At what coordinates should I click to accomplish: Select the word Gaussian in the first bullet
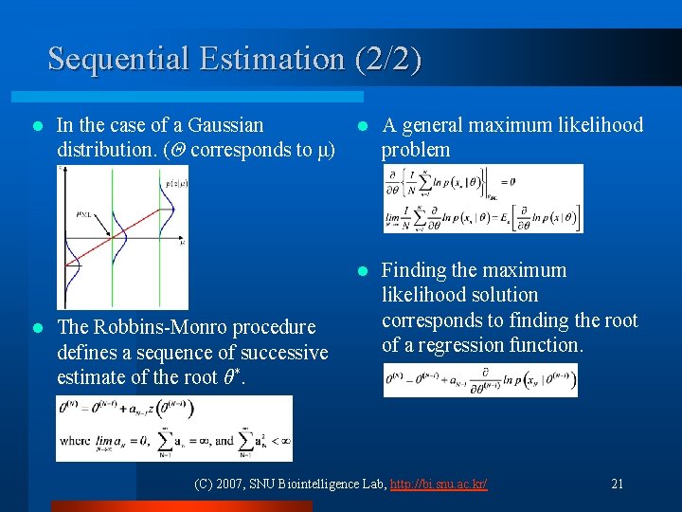click(x=225, y=125)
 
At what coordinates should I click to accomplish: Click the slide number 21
click(x=618, y=485)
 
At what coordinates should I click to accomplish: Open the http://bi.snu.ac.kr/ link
click(x=441, y=485)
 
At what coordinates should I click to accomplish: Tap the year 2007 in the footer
click(x=232, y=485)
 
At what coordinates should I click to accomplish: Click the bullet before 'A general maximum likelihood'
click(x=361, y=126)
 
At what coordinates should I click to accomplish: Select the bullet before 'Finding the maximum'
click(x=361, y=271)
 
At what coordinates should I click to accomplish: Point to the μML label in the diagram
click(x=88, y=215)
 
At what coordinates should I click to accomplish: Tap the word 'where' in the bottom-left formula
click(x=76, y=442)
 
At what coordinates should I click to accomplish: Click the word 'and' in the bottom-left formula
click(x=224, y=442)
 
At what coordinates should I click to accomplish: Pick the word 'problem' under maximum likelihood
click(x=416, y=150)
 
